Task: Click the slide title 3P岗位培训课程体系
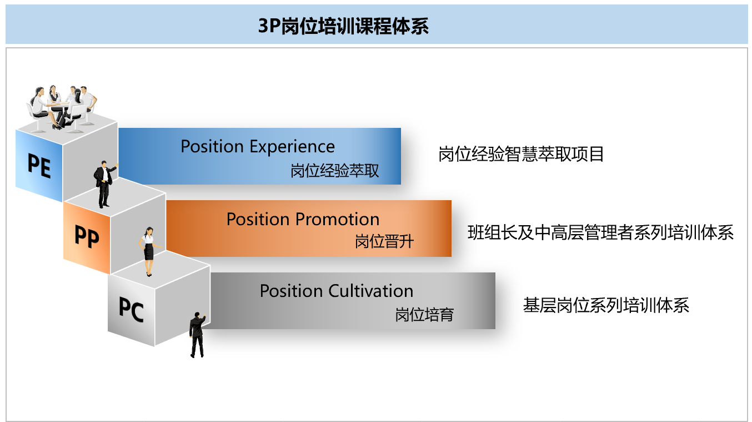(343, 26)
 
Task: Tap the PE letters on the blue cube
(39, 165)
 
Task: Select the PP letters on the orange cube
(87, 237)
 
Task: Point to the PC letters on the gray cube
(131, 310)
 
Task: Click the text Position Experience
(258, 147)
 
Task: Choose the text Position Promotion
(303, 219)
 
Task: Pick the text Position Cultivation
(337, 291)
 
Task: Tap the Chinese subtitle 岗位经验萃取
(335, 171)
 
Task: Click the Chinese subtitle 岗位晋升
(384, 242)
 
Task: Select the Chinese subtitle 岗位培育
(424, 315)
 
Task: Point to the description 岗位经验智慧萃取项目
(521, 154)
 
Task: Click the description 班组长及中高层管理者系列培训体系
(600, 232)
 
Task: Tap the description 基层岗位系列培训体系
(606, 305)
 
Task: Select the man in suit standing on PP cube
(104, 184)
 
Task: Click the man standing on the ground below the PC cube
(197, 334)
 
